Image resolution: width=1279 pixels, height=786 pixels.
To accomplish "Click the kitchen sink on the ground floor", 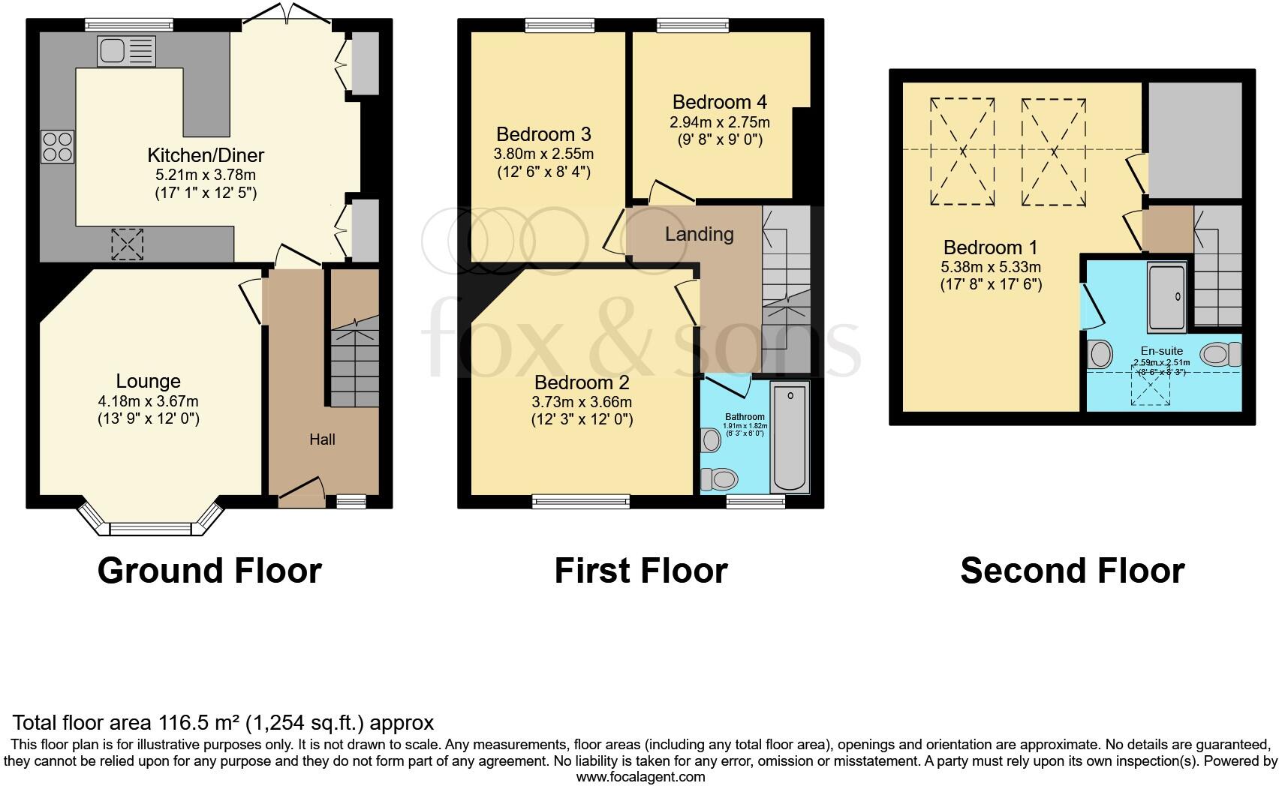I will (x=125, y=52).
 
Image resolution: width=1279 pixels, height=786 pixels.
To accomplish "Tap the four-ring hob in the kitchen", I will (x=58, y=146).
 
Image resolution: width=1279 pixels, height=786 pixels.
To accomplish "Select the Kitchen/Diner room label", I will (x=206, y=155).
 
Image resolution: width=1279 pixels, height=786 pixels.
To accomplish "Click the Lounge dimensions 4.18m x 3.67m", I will (x=148, y=401).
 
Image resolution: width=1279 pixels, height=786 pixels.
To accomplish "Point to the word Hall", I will (x=322, y=439).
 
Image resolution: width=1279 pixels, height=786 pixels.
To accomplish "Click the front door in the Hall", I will (x=302, y=487).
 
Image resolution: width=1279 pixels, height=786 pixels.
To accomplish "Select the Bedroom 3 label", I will (x=543, y=134).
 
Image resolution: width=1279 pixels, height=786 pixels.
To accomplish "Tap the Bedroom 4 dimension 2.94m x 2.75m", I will (x=719, y=121).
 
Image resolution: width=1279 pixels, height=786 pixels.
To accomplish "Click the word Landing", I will (x=699, y=234).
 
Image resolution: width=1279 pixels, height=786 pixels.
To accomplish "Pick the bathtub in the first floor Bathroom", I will (x=790, y=436).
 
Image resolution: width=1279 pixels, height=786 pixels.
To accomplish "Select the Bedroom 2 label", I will (x=582, y=382).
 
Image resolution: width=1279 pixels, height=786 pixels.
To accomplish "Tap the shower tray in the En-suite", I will (x=1166, y=297).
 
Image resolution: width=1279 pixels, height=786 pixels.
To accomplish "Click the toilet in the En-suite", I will (x=1220, y=354).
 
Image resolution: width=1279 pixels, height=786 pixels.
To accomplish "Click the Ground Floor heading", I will (x=209, y=571).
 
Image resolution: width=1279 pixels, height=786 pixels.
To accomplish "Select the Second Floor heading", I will (x=1072, y=571).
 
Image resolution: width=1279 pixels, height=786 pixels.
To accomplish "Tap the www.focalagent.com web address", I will (x=640, y=777).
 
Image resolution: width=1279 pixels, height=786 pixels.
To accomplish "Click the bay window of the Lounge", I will (x=151, y=527).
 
